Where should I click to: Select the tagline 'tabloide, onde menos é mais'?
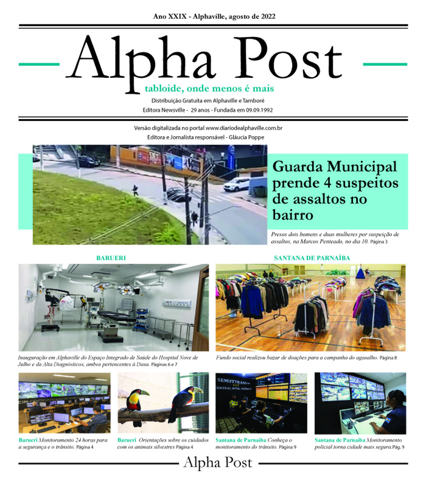209,89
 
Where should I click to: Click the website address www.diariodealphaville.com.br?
243,128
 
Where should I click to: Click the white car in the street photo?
236,184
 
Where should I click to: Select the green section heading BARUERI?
111,258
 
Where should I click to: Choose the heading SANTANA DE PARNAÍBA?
312,258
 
